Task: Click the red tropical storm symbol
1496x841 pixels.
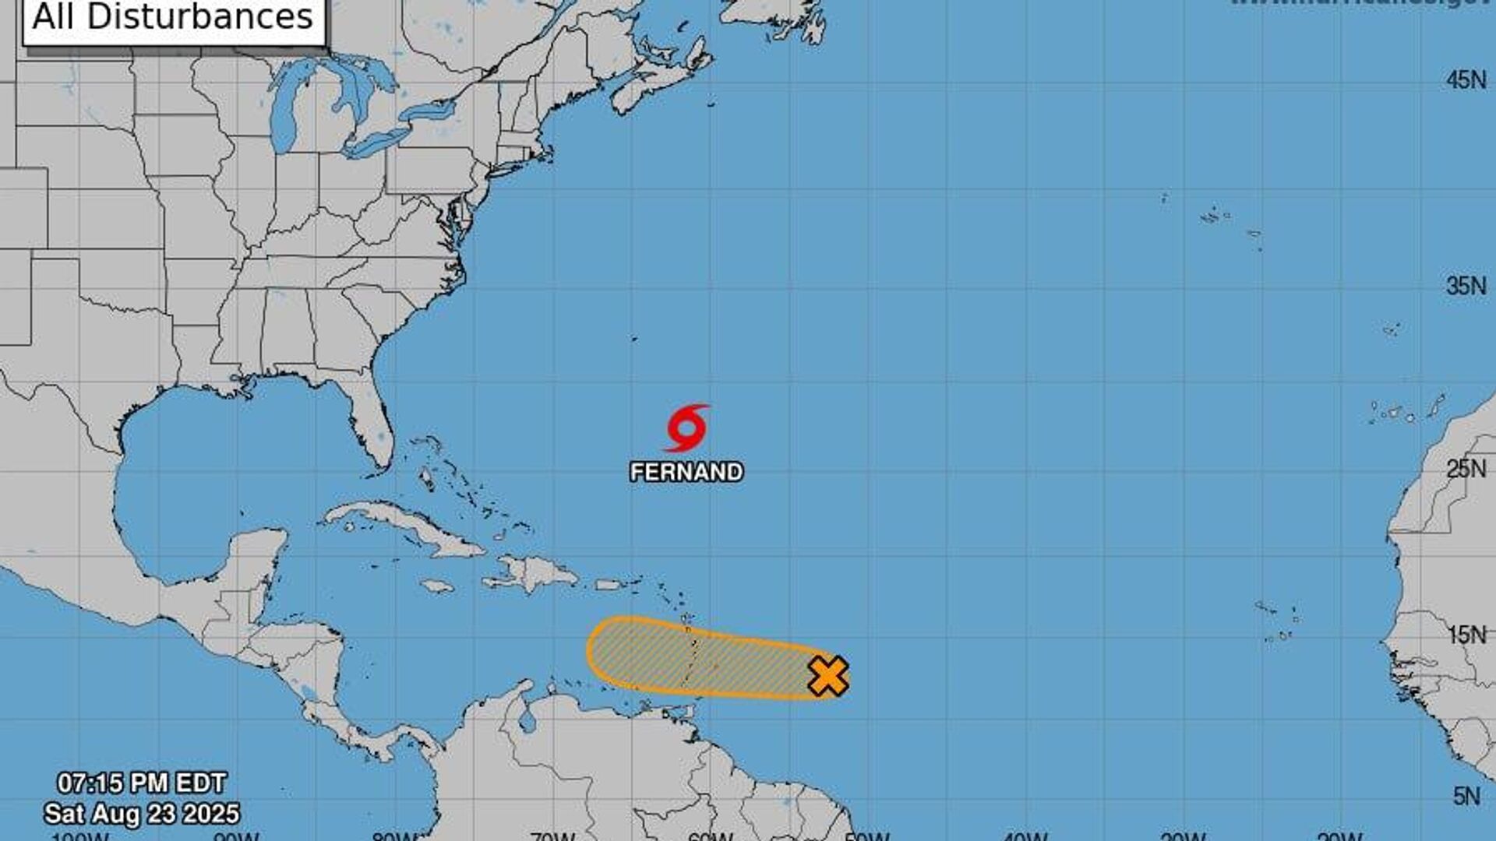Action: pyautogui.click(x=686, y=428)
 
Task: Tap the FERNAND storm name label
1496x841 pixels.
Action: pyautogui.click(x=686, y=472)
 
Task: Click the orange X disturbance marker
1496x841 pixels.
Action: pyautogui.click(x=827, y=675)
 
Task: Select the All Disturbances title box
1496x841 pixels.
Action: pyautogui.click(x=173, y=19)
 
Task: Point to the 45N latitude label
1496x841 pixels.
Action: pyautogui.click(x=1466, y=80)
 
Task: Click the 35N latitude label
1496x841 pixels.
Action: pyautogui.click(x=1466, y=286)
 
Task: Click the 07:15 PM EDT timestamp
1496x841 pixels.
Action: pyautogui.click(x=142, y=783)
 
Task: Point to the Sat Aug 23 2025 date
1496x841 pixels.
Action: pyautogui.click(x=142, y=814)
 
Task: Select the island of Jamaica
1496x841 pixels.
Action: pyautogui.click(x=436, y=586)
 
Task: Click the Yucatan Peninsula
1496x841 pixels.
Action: pyautogui.click(x=257, y=561)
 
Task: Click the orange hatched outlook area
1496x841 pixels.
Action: pyautogui.click(x=701, y=658)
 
